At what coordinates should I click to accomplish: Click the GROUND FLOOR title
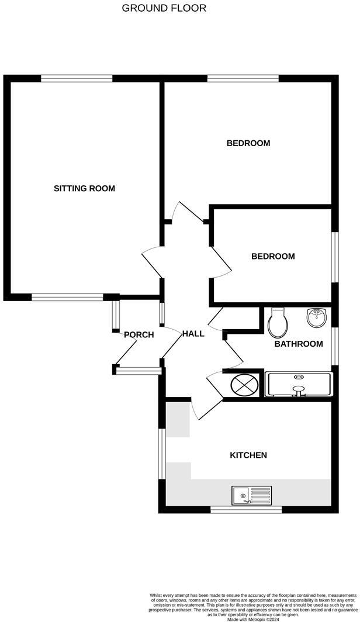click(164, 8)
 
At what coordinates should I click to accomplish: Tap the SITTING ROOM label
click(84, 188)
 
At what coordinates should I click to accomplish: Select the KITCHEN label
click(248, 455)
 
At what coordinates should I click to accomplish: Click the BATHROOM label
click(299, 344)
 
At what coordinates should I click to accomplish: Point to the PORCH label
click(139, 335)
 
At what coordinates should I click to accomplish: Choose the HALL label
click(193, 334)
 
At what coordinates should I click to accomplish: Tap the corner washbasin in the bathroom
click(317, 318)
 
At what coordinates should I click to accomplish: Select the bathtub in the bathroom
click(299, 385)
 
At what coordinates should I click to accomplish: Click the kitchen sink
click(251, 496)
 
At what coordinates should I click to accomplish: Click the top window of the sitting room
click(77, 78)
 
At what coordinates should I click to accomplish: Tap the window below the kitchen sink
click(246, 510)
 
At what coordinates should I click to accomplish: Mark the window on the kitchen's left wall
click(162, 455)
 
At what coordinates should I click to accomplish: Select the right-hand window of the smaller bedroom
click(335, 258)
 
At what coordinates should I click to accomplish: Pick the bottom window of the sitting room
click(67, 297)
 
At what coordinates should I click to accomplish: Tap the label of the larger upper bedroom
click(248, 143)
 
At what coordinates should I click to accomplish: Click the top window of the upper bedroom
click(243, 78)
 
